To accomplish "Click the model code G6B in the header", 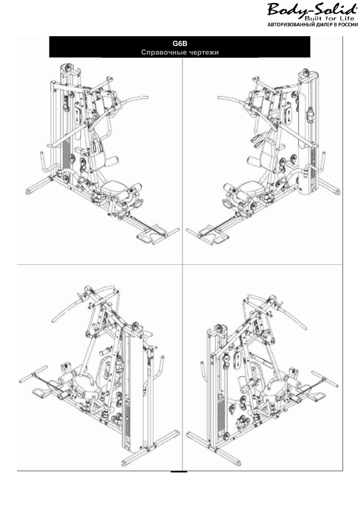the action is (180, 43).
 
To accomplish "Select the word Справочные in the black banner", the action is (161, 52).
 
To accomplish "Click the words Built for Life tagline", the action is (329, 18).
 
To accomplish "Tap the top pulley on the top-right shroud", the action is (305, 74).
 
